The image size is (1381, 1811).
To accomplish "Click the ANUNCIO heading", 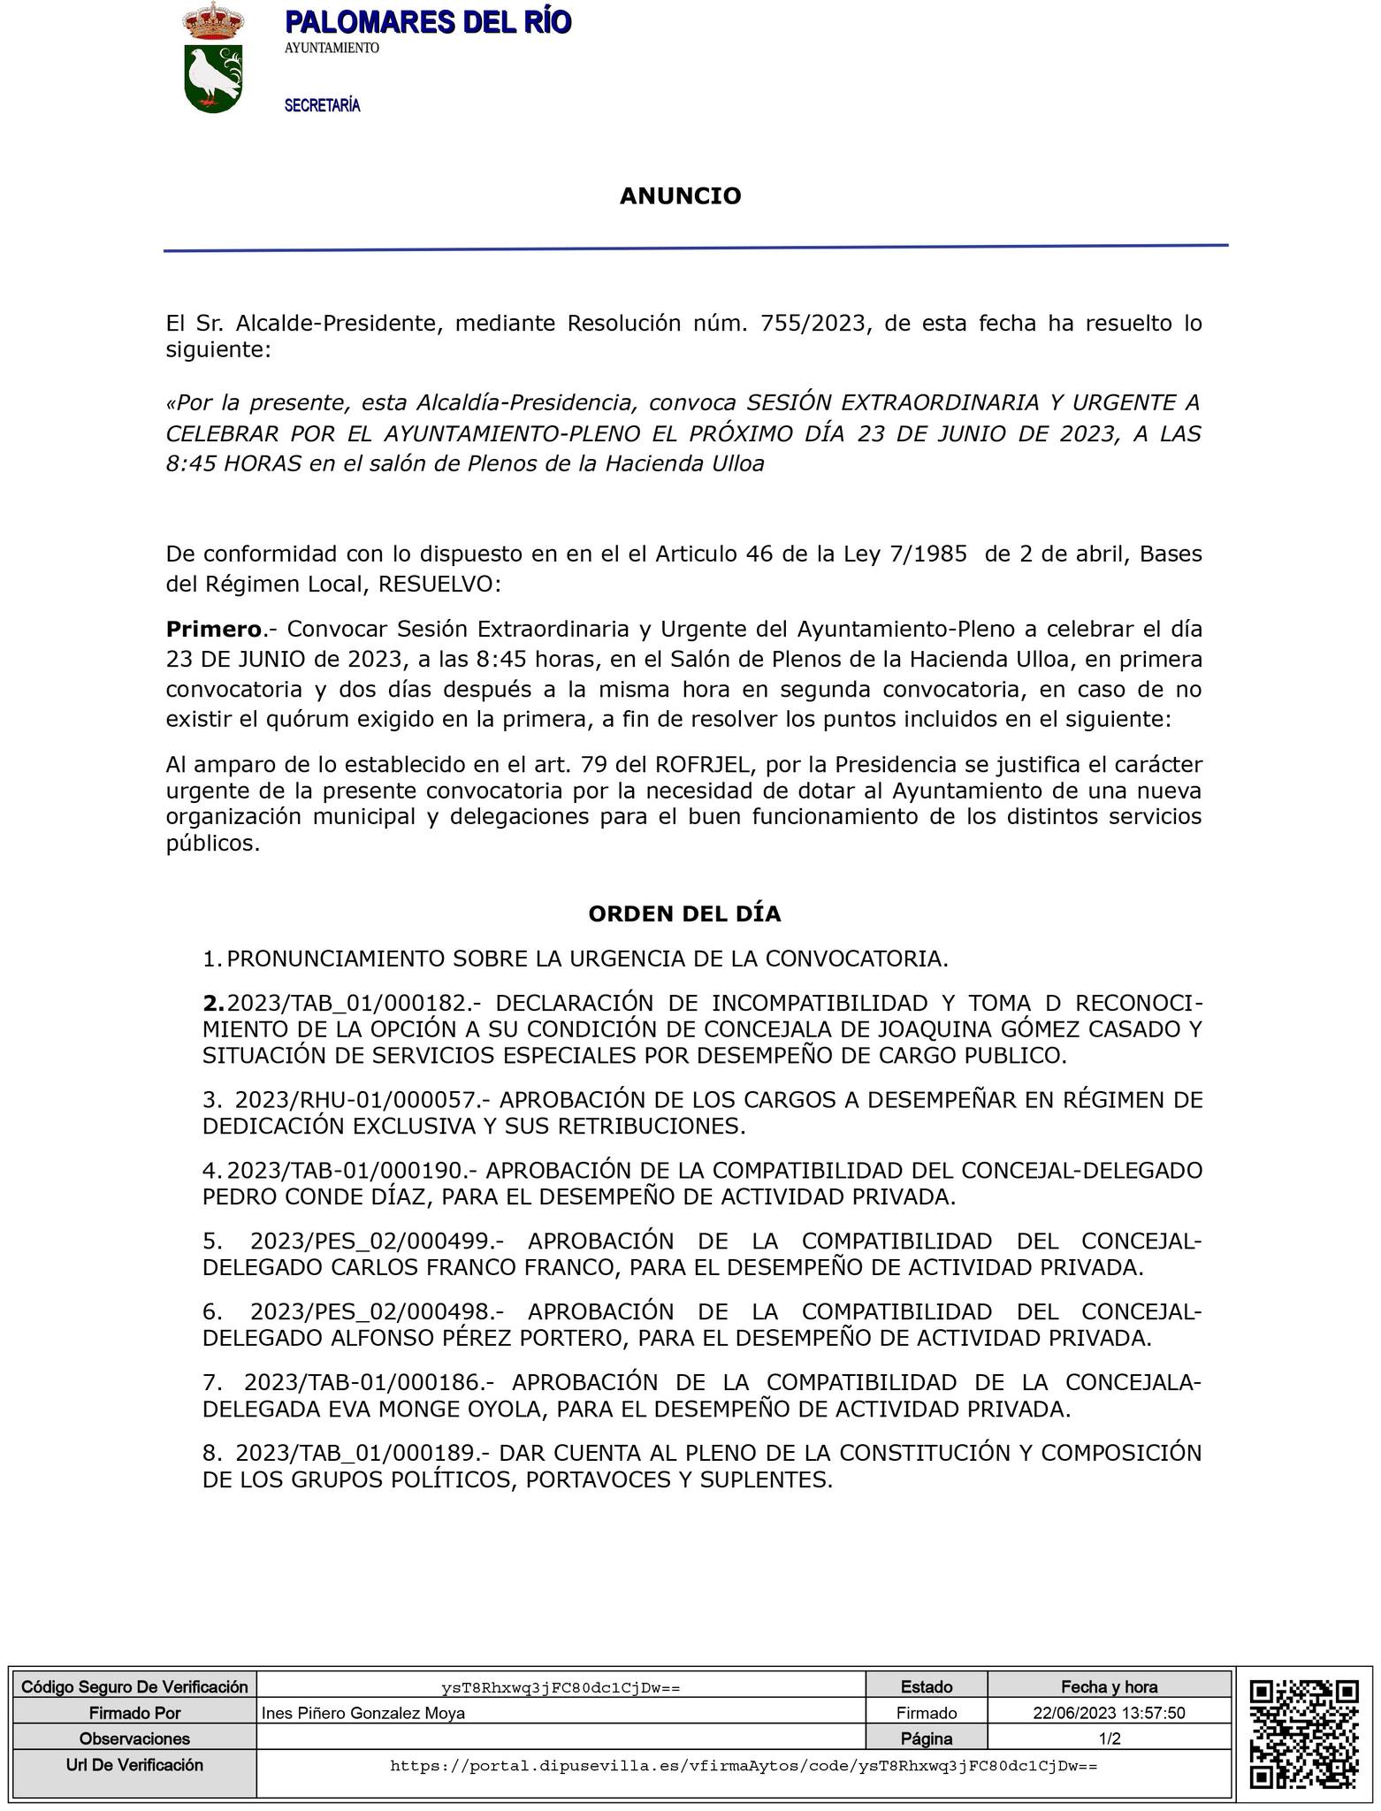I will pyautogui.click(x=680, y=195).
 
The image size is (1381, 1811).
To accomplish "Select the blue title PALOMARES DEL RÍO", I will pyautogui.click(x=428, y=22).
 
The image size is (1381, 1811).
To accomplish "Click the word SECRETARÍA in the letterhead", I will pyautogui.click(x=322, y=106).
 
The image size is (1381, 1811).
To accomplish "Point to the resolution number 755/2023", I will pyautogui.click(x=811, y=323).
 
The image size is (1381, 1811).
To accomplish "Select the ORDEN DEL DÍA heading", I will pyautogui.click(x=684, y=913).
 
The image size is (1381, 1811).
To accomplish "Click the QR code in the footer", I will pyautogui.click(x=1303, y=1734).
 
